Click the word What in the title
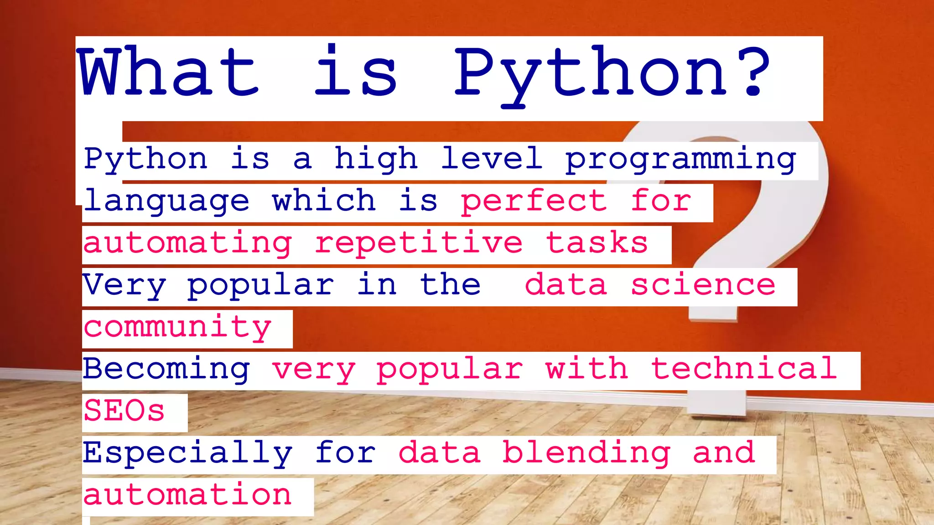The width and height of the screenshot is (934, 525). (169, 72)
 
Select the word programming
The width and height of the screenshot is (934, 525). (680, 160)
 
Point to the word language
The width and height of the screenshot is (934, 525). (166, 201)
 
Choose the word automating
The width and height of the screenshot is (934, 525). (187, 243)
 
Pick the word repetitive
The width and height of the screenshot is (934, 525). (419, 243)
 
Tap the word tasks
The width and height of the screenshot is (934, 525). (597, 242)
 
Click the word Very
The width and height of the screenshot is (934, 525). (124, 285)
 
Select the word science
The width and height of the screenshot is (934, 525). (703, 285)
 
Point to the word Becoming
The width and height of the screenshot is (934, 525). (166, 369)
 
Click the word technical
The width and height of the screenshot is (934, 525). (744, 368)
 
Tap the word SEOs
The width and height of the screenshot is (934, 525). (124, 411)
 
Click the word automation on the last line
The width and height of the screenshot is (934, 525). (187, 495)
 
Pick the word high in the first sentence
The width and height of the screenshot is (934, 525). (376, 159)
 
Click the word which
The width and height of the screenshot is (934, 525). (324, 201)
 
